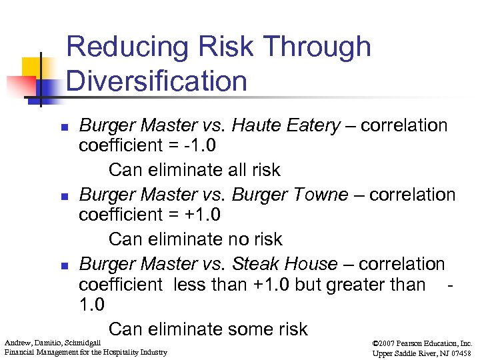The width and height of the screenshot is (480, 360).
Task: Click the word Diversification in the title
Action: click(157, 81)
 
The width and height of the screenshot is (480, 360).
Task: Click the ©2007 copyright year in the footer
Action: click(387, 343)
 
